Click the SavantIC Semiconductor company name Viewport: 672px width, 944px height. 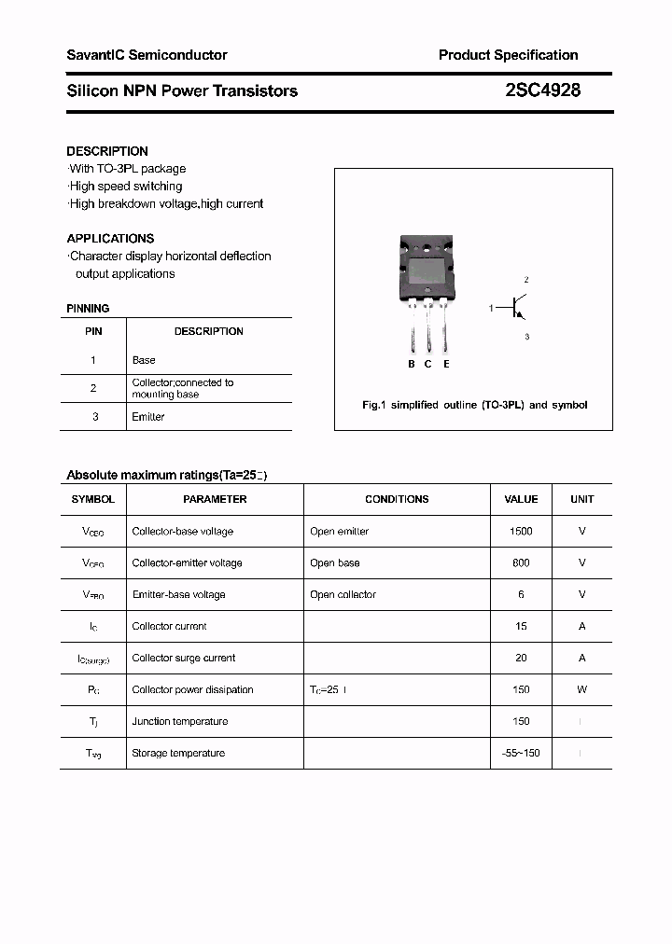click(147, 55)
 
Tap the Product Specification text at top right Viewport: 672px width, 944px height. click(508, 55)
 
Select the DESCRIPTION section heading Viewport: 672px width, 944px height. click(107, 151)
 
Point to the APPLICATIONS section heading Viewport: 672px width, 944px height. click(110, 238)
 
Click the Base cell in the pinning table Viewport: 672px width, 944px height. click(144, 360)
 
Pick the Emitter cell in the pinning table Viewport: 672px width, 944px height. click(148, 417)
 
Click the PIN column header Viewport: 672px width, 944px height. click(93, 331)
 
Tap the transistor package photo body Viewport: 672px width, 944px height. click(428, 270)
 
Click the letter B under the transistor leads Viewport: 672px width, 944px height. click(411, 364)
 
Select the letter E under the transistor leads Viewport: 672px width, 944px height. click(447, 364)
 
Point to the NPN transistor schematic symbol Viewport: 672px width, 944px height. click(516, 308)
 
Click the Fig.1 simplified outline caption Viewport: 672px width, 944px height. click(474, 405)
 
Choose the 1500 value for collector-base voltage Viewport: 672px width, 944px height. click(521, 531)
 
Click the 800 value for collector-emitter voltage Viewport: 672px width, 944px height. click(521, 562)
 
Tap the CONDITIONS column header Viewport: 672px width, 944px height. click(397, 499)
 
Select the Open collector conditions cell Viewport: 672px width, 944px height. click(343, 594)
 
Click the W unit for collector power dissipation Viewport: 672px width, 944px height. click(581, 689)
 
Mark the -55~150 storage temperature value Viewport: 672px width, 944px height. click(521, 753)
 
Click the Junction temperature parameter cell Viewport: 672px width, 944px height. click(179, 721)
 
